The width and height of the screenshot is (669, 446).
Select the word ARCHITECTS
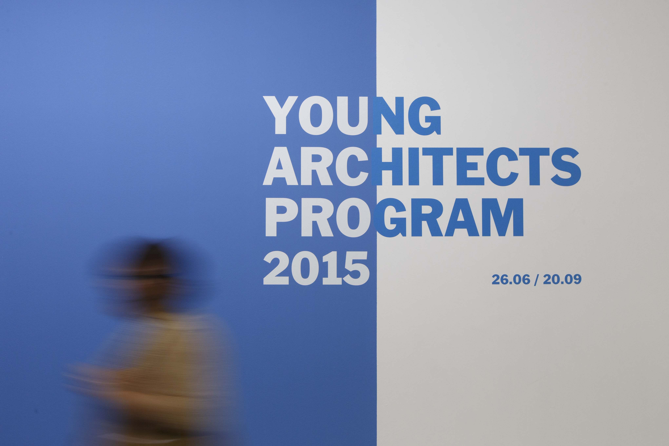click(422, 166)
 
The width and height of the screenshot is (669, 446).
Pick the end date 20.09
click(562, 280)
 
